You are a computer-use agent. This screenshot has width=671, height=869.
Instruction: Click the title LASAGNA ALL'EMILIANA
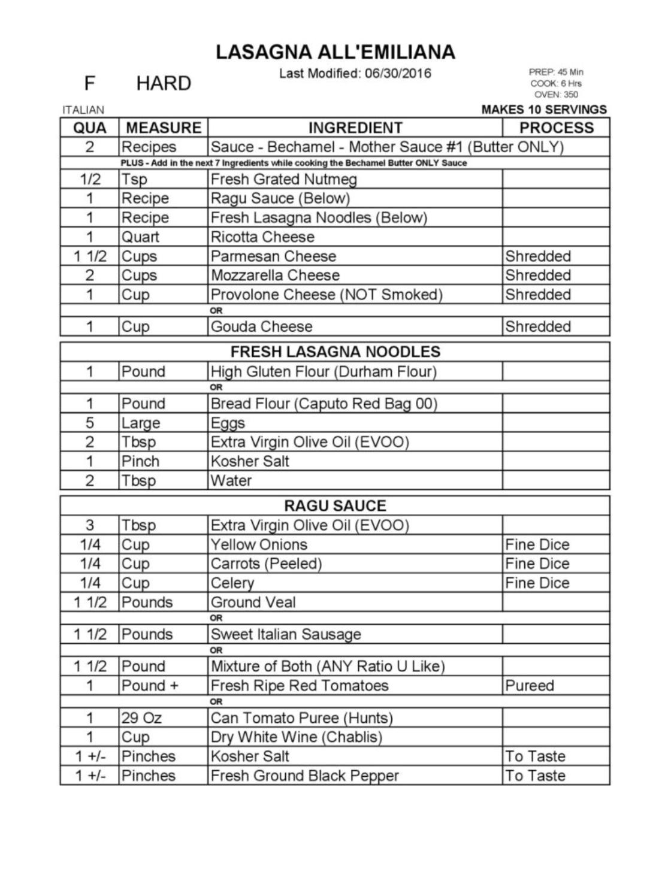335,52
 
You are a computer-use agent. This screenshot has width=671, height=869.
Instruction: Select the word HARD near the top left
163,83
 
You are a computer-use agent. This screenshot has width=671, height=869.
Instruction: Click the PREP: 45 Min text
555,72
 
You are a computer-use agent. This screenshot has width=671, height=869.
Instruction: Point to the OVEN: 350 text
556,95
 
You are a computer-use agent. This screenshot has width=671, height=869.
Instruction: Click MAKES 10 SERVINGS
544,110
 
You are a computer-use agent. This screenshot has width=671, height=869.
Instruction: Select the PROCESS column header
556,128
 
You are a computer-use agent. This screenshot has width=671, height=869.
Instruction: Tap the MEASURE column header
164,128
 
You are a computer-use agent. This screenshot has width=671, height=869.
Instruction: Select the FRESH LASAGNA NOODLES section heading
335,352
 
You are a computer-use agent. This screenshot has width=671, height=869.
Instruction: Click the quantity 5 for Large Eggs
90,423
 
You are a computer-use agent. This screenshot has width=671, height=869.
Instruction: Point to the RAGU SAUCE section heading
335,505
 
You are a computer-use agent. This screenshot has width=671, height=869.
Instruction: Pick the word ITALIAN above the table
83,110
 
